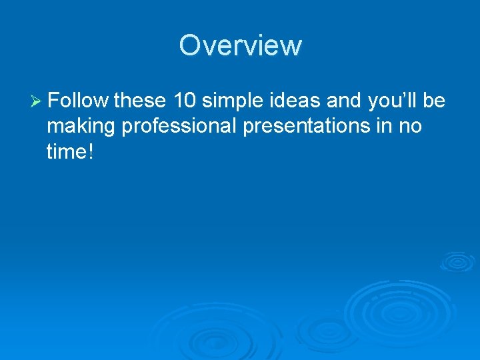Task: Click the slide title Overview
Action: click(240, 45)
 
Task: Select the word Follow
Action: click(78, 101)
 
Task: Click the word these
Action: click(140, 101)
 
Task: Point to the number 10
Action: click(185, 101)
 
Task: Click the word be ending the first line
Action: click(434, 101)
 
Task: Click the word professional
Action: click(180, 127)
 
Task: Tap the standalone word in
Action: click(382, 125)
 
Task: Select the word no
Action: click(410, 127)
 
